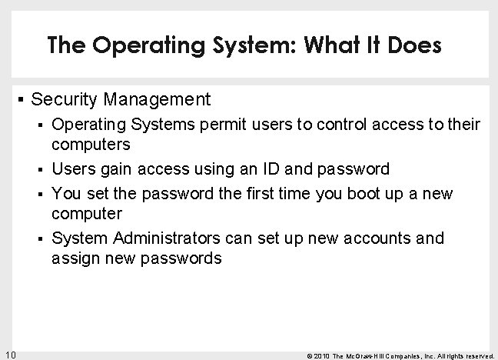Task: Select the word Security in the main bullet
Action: [63, 99]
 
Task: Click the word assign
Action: [73, 258]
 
